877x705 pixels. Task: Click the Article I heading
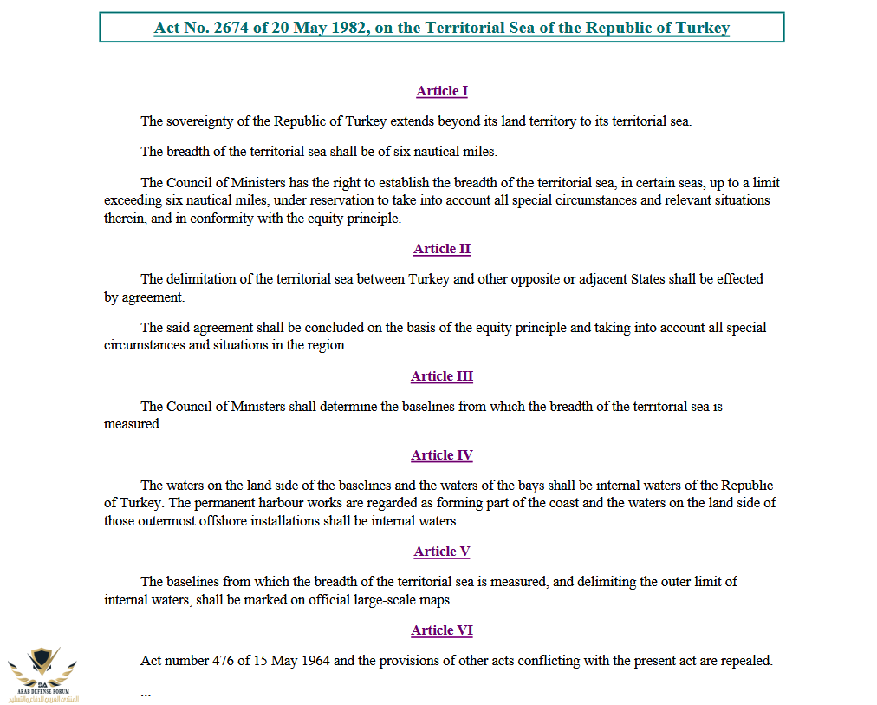(442, 91)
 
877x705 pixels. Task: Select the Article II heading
(442, 249)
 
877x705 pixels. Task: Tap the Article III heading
(442, 376)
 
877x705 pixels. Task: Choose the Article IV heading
(442, 455)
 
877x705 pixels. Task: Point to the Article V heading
(442, 552)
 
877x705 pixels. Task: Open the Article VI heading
(442, 630)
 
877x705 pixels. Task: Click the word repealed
(745, 661)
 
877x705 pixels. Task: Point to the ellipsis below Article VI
(146, 694)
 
